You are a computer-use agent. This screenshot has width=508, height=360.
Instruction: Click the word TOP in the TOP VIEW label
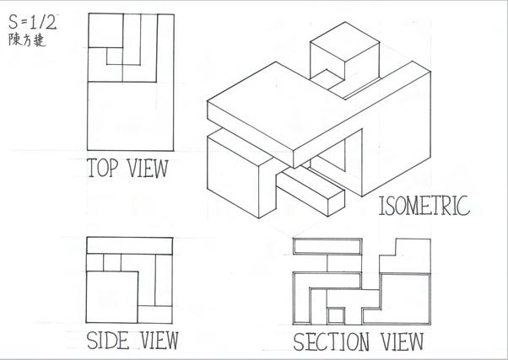coord(102,168)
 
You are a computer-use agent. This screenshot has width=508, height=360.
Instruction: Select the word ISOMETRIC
coord(424,206)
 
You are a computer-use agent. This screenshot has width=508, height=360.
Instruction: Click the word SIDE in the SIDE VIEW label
coord(106,341)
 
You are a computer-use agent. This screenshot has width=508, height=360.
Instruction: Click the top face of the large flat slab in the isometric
coord(278,105)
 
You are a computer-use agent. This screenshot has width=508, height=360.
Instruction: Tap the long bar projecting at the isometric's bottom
coord(312,193)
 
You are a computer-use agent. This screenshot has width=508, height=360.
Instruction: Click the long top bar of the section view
coord(328,245)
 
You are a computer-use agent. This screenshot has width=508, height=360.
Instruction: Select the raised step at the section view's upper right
coord(413,250)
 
